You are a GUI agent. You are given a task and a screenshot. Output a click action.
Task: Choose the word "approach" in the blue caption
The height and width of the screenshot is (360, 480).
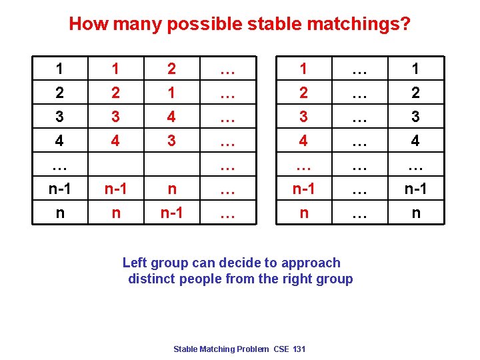tap(311, 263)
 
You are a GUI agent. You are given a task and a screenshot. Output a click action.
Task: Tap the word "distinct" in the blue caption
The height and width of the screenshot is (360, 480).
tap(153, 279)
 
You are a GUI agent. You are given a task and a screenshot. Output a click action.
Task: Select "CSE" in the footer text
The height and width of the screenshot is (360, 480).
tap(282, 349)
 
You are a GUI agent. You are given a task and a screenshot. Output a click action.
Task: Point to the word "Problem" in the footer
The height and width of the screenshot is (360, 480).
tap(253, 349)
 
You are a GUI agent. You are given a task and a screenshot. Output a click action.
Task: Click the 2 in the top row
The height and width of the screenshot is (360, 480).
tap(172, 69)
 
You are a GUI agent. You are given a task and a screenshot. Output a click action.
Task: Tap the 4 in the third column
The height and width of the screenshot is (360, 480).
tap(172, 117)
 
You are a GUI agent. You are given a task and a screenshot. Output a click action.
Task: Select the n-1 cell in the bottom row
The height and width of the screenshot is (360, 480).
tap(172, 213)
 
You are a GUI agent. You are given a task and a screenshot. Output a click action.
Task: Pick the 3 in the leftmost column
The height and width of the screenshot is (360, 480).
tap(60, 117)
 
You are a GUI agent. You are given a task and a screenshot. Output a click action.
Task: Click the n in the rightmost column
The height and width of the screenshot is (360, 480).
tap(416, 213)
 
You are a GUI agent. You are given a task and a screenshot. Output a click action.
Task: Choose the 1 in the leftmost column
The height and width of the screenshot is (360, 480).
tap(60, 69)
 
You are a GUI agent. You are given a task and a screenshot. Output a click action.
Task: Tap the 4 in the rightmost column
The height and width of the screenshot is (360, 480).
tap(416, 141)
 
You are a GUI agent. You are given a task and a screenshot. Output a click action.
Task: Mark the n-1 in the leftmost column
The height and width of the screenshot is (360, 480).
tap(60, 189)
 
